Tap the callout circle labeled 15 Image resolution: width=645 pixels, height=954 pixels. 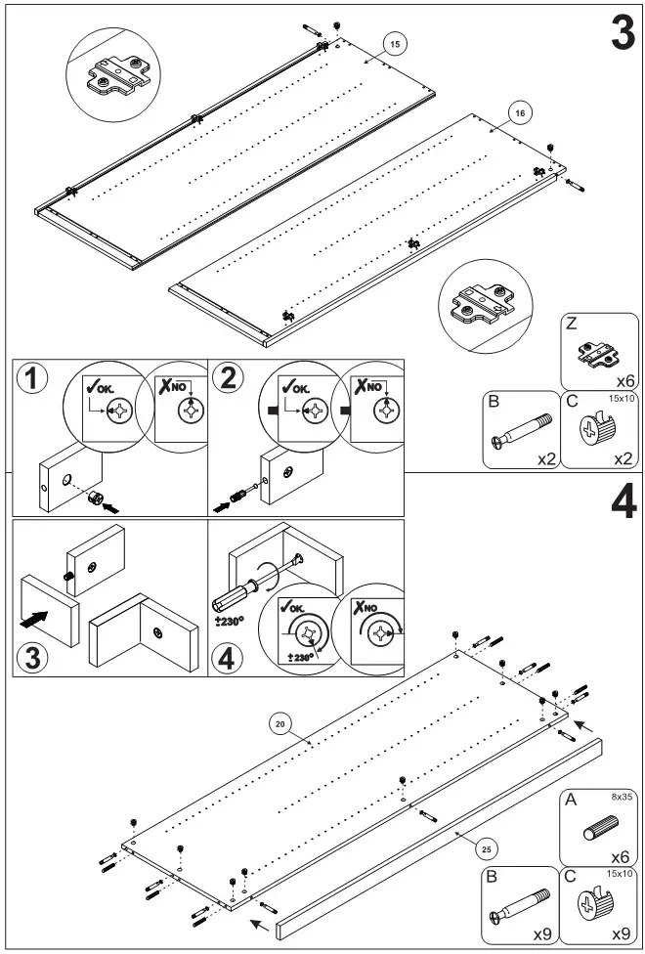click(394, 45)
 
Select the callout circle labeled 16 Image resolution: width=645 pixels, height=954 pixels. click(519, 113)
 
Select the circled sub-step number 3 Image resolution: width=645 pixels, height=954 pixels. click(32, 656)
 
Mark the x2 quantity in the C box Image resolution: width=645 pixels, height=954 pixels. click(622, 457)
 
